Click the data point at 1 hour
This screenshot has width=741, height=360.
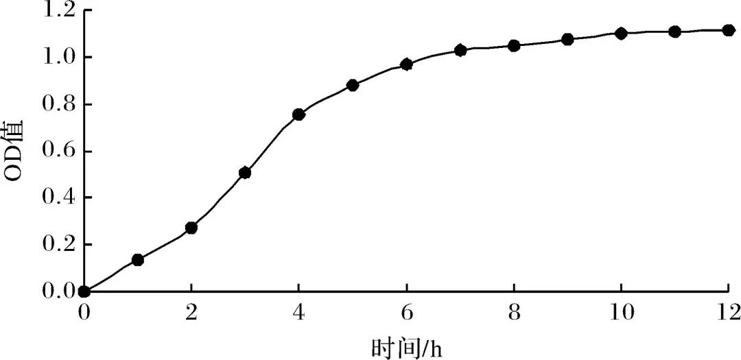tap(137, 260)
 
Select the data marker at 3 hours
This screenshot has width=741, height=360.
tap(245, 173)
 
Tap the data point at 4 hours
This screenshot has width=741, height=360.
tap(298, 115)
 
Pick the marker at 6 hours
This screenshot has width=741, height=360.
tap(406, 64)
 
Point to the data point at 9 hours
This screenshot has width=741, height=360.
tap(567, 40)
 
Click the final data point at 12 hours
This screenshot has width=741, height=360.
tap(729, 30)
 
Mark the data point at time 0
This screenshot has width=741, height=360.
tap(84, 291)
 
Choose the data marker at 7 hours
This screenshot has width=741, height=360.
tap(460, 50)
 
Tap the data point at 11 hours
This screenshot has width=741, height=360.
tap(674, 32)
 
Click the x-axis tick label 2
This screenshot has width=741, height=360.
tap(191, 313)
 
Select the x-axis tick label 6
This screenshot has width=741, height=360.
tap(407, 313)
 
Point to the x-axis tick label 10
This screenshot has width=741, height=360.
tap(622, 313)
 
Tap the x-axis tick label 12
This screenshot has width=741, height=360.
tap(728, 313)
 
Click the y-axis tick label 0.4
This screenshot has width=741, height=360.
tap(58, 198)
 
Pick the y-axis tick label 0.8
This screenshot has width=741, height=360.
tap(58, 104)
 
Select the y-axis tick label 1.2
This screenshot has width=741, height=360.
tap(58, 10)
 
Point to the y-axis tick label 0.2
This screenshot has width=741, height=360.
tap(58, 245)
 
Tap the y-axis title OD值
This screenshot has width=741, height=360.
tap(15, 151)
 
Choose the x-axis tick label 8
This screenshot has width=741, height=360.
tap(514, 313)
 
